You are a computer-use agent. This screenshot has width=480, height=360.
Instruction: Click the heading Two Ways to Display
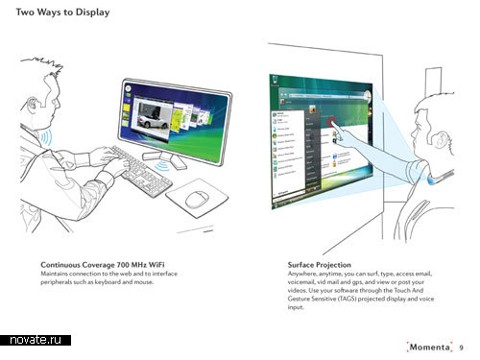pyautogui.click(x=62, y=12)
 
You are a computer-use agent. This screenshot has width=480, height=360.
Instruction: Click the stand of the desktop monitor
pyautogui.click(x=164, y=158)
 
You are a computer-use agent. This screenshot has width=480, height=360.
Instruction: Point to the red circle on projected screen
pyautogui.click(x=332, y=123)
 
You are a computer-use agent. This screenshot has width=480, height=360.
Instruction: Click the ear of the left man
pyautogui.click(x=33, y=104)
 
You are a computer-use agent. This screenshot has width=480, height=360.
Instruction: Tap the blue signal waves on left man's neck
pyautogui.click(x=45, y=137)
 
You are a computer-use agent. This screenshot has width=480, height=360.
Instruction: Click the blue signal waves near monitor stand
pyautogui.click(x=162, y=166)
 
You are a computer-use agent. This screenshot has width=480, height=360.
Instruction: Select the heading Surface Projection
pyautogui.click(x=319, y=265)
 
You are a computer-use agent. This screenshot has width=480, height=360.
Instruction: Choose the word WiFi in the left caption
pyautogui.click(x=156, y=265)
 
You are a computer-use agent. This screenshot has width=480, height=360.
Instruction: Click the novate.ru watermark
pyautogui.click(x=36, y=340)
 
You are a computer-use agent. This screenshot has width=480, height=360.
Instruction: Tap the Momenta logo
pyautogui.click(x=429, y=348)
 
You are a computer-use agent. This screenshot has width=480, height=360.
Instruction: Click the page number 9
pyautogui.click(x=461, y=348)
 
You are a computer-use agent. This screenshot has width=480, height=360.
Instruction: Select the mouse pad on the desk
pyautogui.click(x=197, y=198)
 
